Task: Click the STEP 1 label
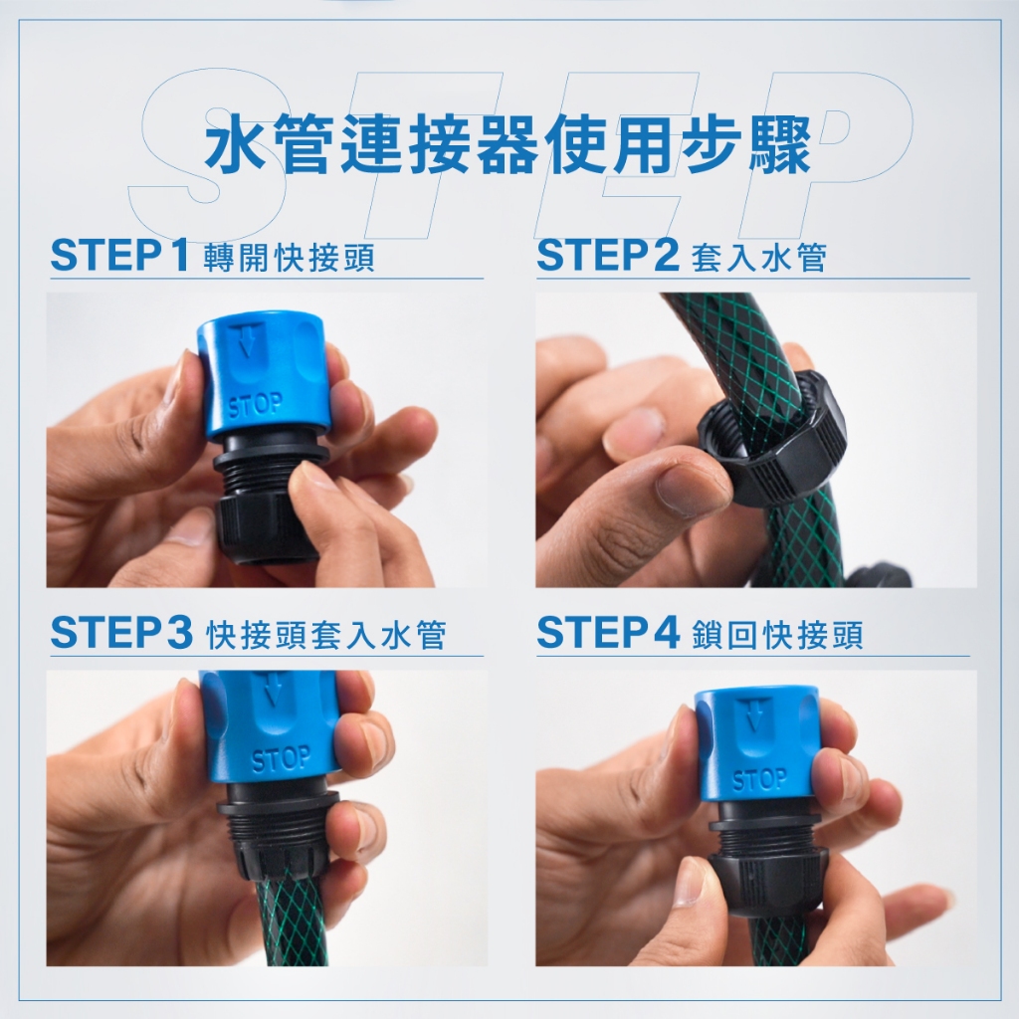tap(119, 256)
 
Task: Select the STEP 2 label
tap(608, 256)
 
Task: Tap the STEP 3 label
tap(120, 633)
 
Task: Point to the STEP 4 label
tap(608, 633)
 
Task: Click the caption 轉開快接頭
tap(289, 258)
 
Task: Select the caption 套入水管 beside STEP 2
tap(758, 258)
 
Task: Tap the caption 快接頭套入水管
tap(326, 635)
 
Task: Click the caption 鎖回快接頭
tap(777, 635)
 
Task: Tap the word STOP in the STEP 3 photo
tap(282, 759)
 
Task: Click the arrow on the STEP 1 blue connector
tap(245, 342)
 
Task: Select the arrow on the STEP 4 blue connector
tap(753, 714)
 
